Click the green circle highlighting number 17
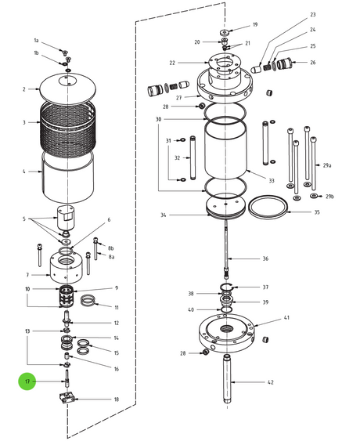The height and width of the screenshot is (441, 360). coord(27,381)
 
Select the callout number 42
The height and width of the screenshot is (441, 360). coord(270,382)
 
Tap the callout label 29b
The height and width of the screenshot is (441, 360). coord(329,197)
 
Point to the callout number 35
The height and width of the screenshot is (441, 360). coord(317,212)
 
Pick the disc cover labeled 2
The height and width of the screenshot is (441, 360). coord(68,87)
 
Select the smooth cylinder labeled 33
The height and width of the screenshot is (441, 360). coord(225,150)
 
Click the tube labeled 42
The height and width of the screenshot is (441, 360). coord(226,380)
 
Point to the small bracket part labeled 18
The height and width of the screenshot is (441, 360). coord(67,399)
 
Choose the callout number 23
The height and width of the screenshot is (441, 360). coord(313,15)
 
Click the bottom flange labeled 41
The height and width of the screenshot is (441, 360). coord(226,333)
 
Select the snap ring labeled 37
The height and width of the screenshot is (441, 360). coord(227,287)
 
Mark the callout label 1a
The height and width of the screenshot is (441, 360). coord(36,41)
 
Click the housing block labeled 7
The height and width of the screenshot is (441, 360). coord(66,267)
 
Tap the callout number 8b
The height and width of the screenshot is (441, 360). coord(111,248)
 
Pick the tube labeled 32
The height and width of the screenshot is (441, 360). coord(193,157)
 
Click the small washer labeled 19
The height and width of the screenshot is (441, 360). coord(225,32)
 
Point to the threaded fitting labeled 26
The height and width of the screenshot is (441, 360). coord(284,64)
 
